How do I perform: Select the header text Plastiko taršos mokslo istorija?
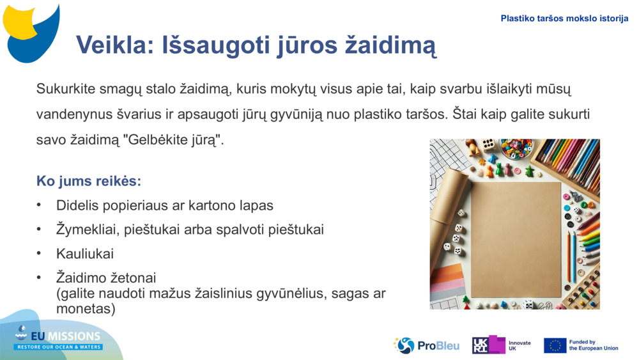[x=564, y=19]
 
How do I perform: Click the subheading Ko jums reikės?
[x=88, y=181]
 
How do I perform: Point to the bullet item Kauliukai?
[x=85, y=254]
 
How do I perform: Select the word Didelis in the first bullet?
[x=79, y=206]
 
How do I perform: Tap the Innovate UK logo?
[x=501, y=345]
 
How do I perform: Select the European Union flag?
[x=555, y=345]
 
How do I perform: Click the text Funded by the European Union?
[x=593, y=345]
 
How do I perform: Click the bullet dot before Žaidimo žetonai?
[x=40, y=278]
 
